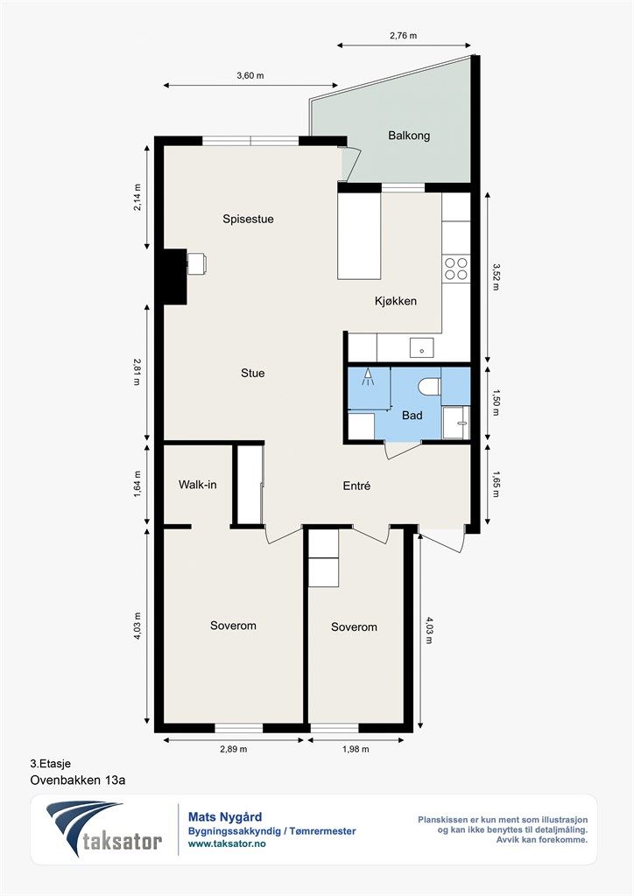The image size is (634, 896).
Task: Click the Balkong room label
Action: (x=409, y=136)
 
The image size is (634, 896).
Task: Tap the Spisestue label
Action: (x=248, y=219)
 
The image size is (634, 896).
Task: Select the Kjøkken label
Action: (x=396, y=301)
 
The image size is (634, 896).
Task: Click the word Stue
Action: (x=253, y=373)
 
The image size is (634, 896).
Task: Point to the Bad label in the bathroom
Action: (x=412, y=416)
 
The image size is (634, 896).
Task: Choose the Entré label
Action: (x=356, y=486)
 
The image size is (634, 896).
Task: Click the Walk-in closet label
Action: (x=198, y=485)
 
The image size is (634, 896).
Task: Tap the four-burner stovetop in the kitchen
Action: (x=455, y=269)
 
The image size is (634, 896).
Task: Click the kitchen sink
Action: (x=421, y=347)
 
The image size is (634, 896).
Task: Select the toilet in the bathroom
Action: (x=429, y=386)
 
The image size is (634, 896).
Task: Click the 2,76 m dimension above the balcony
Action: (x=404, y=35)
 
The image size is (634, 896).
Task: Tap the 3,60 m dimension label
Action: (x=250, y=75)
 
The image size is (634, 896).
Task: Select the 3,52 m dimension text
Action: (x=496, y=276)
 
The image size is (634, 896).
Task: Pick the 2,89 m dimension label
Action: (x=233, y=749)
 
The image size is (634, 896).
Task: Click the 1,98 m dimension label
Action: (x=356, y=749)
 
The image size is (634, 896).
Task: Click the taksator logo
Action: (x=104, y=829)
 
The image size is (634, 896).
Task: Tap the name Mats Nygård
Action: (x=225, y=817)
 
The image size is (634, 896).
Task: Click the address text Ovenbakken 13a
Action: (x=77, y=780)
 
